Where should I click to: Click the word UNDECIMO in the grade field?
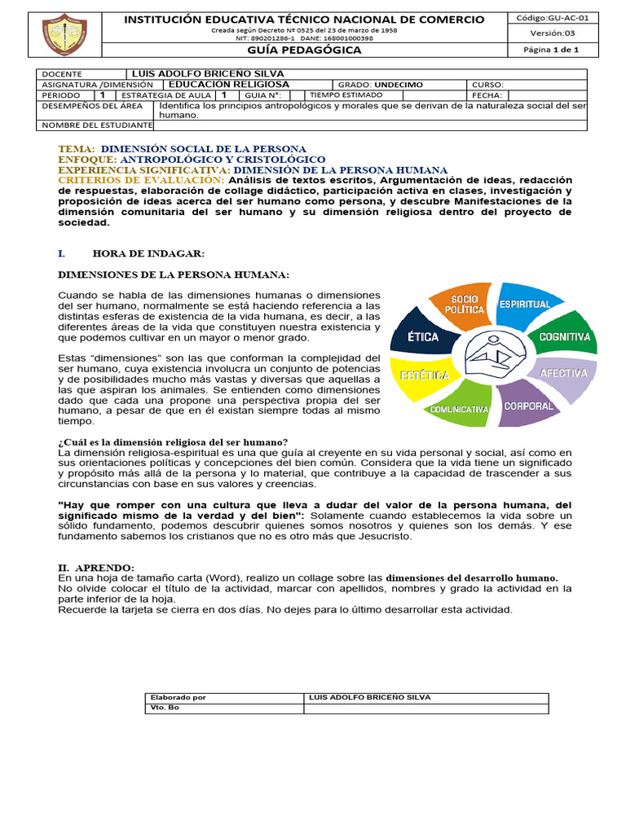click(399, 85)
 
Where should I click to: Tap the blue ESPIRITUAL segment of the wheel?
click(523, 305)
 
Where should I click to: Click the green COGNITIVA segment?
click(564, 336)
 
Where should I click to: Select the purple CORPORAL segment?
click(527, 405)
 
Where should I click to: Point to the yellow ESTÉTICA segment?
click(422, 376)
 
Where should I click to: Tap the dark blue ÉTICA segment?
click(422, 336)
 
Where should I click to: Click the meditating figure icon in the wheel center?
click(494, 356)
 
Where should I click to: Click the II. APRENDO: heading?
click(96, 567)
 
